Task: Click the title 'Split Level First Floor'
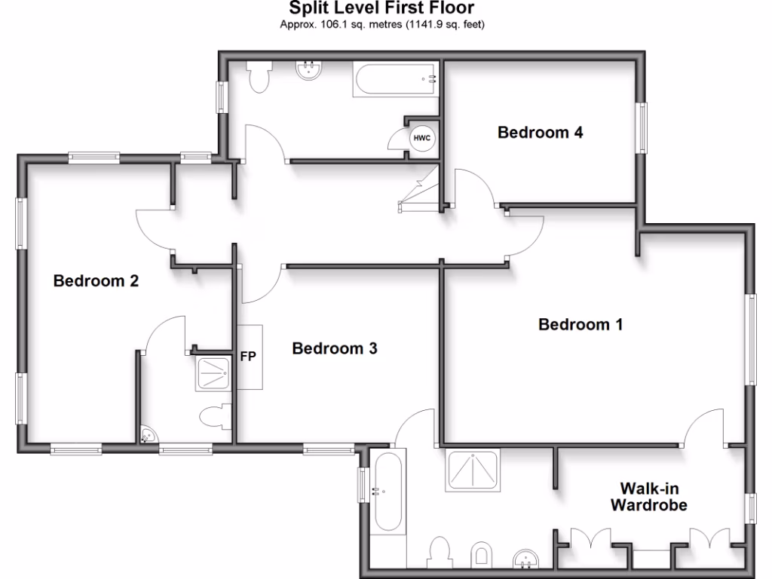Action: tap(382, 9)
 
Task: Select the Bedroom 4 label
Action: tap(540, 133)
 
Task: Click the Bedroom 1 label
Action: tap(580, 325)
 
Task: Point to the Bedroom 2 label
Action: tap(96, 281)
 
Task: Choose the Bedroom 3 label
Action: tap(335, 348)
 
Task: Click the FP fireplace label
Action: tap(248, 357)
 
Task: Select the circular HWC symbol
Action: tap(421, 139)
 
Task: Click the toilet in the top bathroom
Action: tap(259, 77)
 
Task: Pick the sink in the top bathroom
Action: tap(309, 71)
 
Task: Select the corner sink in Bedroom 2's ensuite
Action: tap(148, 435)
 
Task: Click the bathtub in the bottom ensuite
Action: tap(389, 490)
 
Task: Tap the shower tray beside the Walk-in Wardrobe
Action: tap(473, 470)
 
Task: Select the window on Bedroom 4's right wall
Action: tap(643, 126)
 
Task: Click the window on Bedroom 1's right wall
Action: tap(751, 339)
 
